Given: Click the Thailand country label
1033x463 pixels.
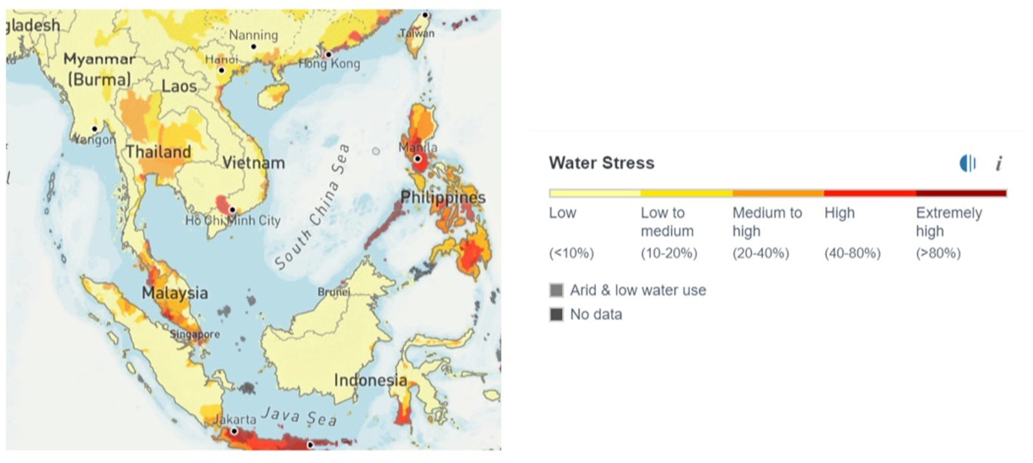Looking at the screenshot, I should (x=158, y=152).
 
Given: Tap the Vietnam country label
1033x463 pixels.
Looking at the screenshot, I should (x=253, y=163).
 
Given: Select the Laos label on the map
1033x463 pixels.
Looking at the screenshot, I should (x=179, y=86).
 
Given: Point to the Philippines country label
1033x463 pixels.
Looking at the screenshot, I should (x=443, y=197).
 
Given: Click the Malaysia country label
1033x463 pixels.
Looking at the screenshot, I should (x=175, y=293).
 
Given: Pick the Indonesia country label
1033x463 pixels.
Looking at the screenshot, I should (x=371, y=380).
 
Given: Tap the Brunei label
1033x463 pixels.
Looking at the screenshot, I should (x=334, y=292).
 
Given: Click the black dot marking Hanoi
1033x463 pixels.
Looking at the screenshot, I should (x=221, y=70).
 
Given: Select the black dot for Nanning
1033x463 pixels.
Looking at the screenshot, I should (x=254, y=46).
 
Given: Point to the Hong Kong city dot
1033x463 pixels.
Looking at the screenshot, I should (x=329, y=55).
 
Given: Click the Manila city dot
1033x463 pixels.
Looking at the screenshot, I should (x=418, y=159).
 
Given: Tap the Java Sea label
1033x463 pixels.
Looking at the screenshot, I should (x=300, y=416).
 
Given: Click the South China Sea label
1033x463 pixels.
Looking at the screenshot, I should (x=312, y=207).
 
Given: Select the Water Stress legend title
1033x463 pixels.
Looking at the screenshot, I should (x=601, y=163).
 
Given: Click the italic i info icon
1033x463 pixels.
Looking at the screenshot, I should (x=999, y=163).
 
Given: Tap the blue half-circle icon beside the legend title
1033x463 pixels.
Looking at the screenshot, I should (x=967, y=163).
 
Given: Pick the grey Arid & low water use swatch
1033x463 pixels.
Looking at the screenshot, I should (x=556, y=290).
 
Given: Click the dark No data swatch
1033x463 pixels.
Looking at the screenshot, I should (x=556, y=314).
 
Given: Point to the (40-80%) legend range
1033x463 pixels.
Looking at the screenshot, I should (x=852, y=253).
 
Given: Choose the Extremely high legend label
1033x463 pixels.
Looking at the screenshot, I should (x=948, y=221).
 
